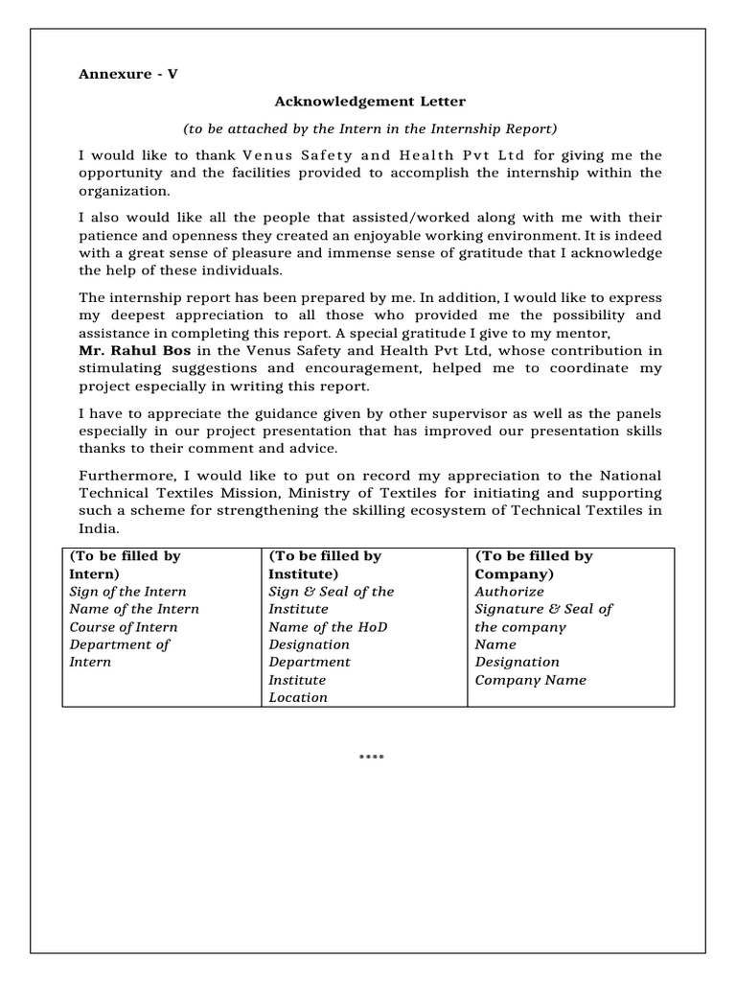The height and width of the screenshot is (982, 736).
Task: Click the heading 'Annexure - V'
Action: (x=127, y=74)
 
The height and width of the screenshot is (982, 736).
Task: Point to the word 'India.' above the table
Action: (x=99, y=528)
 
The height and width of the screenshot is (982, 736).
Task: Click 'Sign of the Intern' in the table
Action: (x=128, y=592)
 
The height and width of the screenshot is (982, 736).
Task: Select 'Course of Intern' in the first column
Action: (x=124, y=627)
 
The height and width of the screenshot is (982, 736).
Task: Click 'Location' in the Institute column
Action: (x=298, y=697)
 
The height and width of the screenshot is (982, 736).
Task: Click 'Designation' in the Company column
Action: (x=517, y=662)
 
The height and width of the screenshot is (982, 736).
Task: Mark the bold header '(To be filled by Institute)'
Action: (x=325, y=565)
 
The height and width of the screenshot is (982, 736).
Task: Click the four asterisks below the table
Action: (x=371, y=759)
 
